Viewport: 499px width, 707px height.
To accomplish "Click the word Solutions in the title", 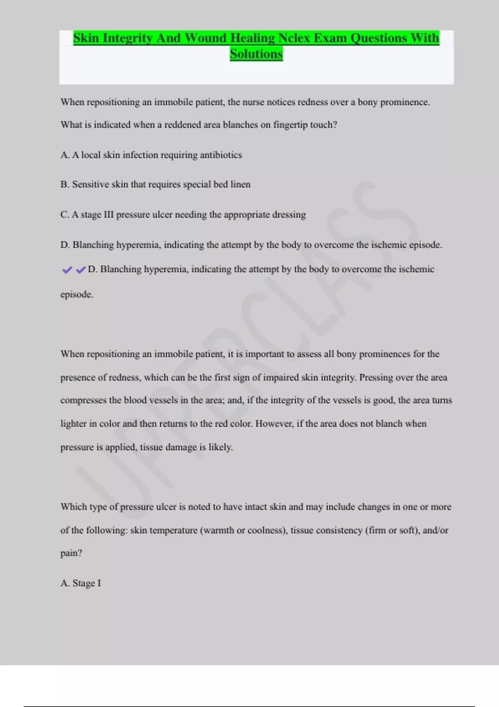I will tap(256, 54).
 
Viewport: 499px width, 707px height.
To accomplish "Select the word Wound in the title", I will tap(205, 38).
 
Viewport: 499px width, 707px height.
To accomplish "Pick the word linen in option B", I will tap(240, 184).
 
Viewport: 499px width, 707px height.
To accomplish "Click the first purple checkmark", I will tap(67, 270).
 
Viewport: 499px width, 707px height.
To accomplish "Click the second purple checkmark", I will tap(81, 270).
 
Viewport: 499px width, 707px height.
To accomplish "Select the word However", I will tap(274, 424).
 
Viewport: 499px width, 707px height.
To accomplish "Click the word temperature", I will tap(173, 531).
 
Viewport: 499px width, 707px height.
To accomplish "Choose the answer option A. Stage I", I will tap(81, 583).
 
